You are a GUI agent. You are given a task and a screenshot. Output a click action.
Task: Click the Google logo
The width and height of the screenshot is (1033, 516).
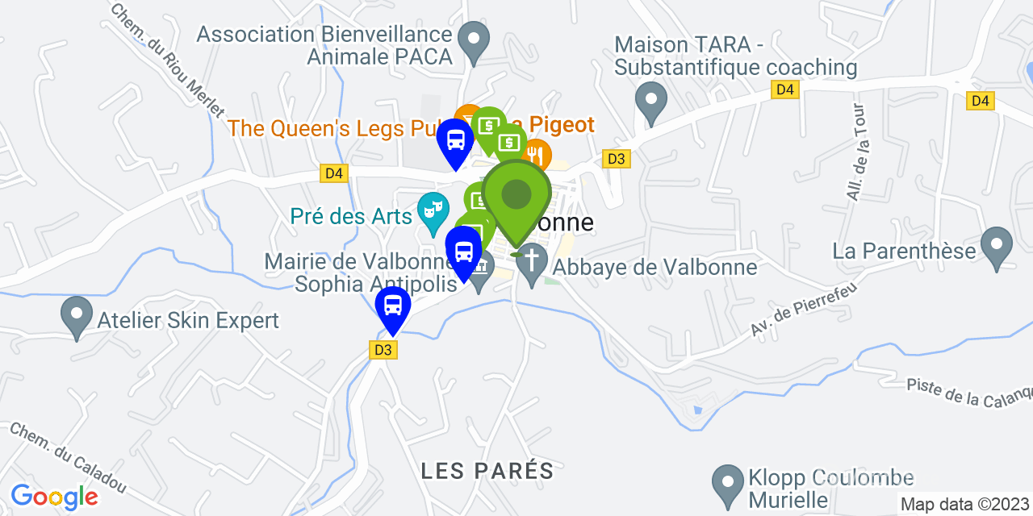point(54,496)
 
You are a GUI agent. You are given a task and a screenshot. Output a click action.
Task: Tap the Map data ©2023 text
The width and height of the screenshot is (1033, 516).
point(965,504)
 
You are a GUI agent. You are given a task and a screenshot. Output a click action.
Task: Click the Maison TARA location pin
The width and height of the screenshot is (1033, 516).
point(651,102)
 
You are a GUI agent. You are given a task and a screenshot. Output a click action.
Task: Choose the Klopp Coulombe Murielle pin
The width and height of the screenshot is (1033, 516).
point(728,484)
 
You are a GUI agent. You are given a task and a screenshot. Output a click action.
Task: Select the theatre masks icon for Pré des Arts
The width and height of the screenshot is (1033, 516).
point(433,212)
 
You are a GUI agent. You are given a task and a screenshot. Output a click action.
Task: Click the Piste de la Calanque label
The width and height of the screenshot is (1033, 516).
point(969,392)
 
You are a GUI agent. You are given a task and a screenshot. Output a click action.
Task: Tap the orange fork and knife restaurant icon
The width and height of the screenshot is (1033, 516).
point(535,153)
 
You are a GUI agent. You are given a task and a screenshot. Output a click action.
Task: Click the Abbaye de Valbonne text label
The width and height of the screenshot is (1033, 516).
point(655,267)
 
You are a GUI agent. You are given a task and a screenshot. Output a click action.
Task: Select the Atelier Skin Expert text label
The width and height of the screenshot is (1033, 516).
point(188,320)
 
